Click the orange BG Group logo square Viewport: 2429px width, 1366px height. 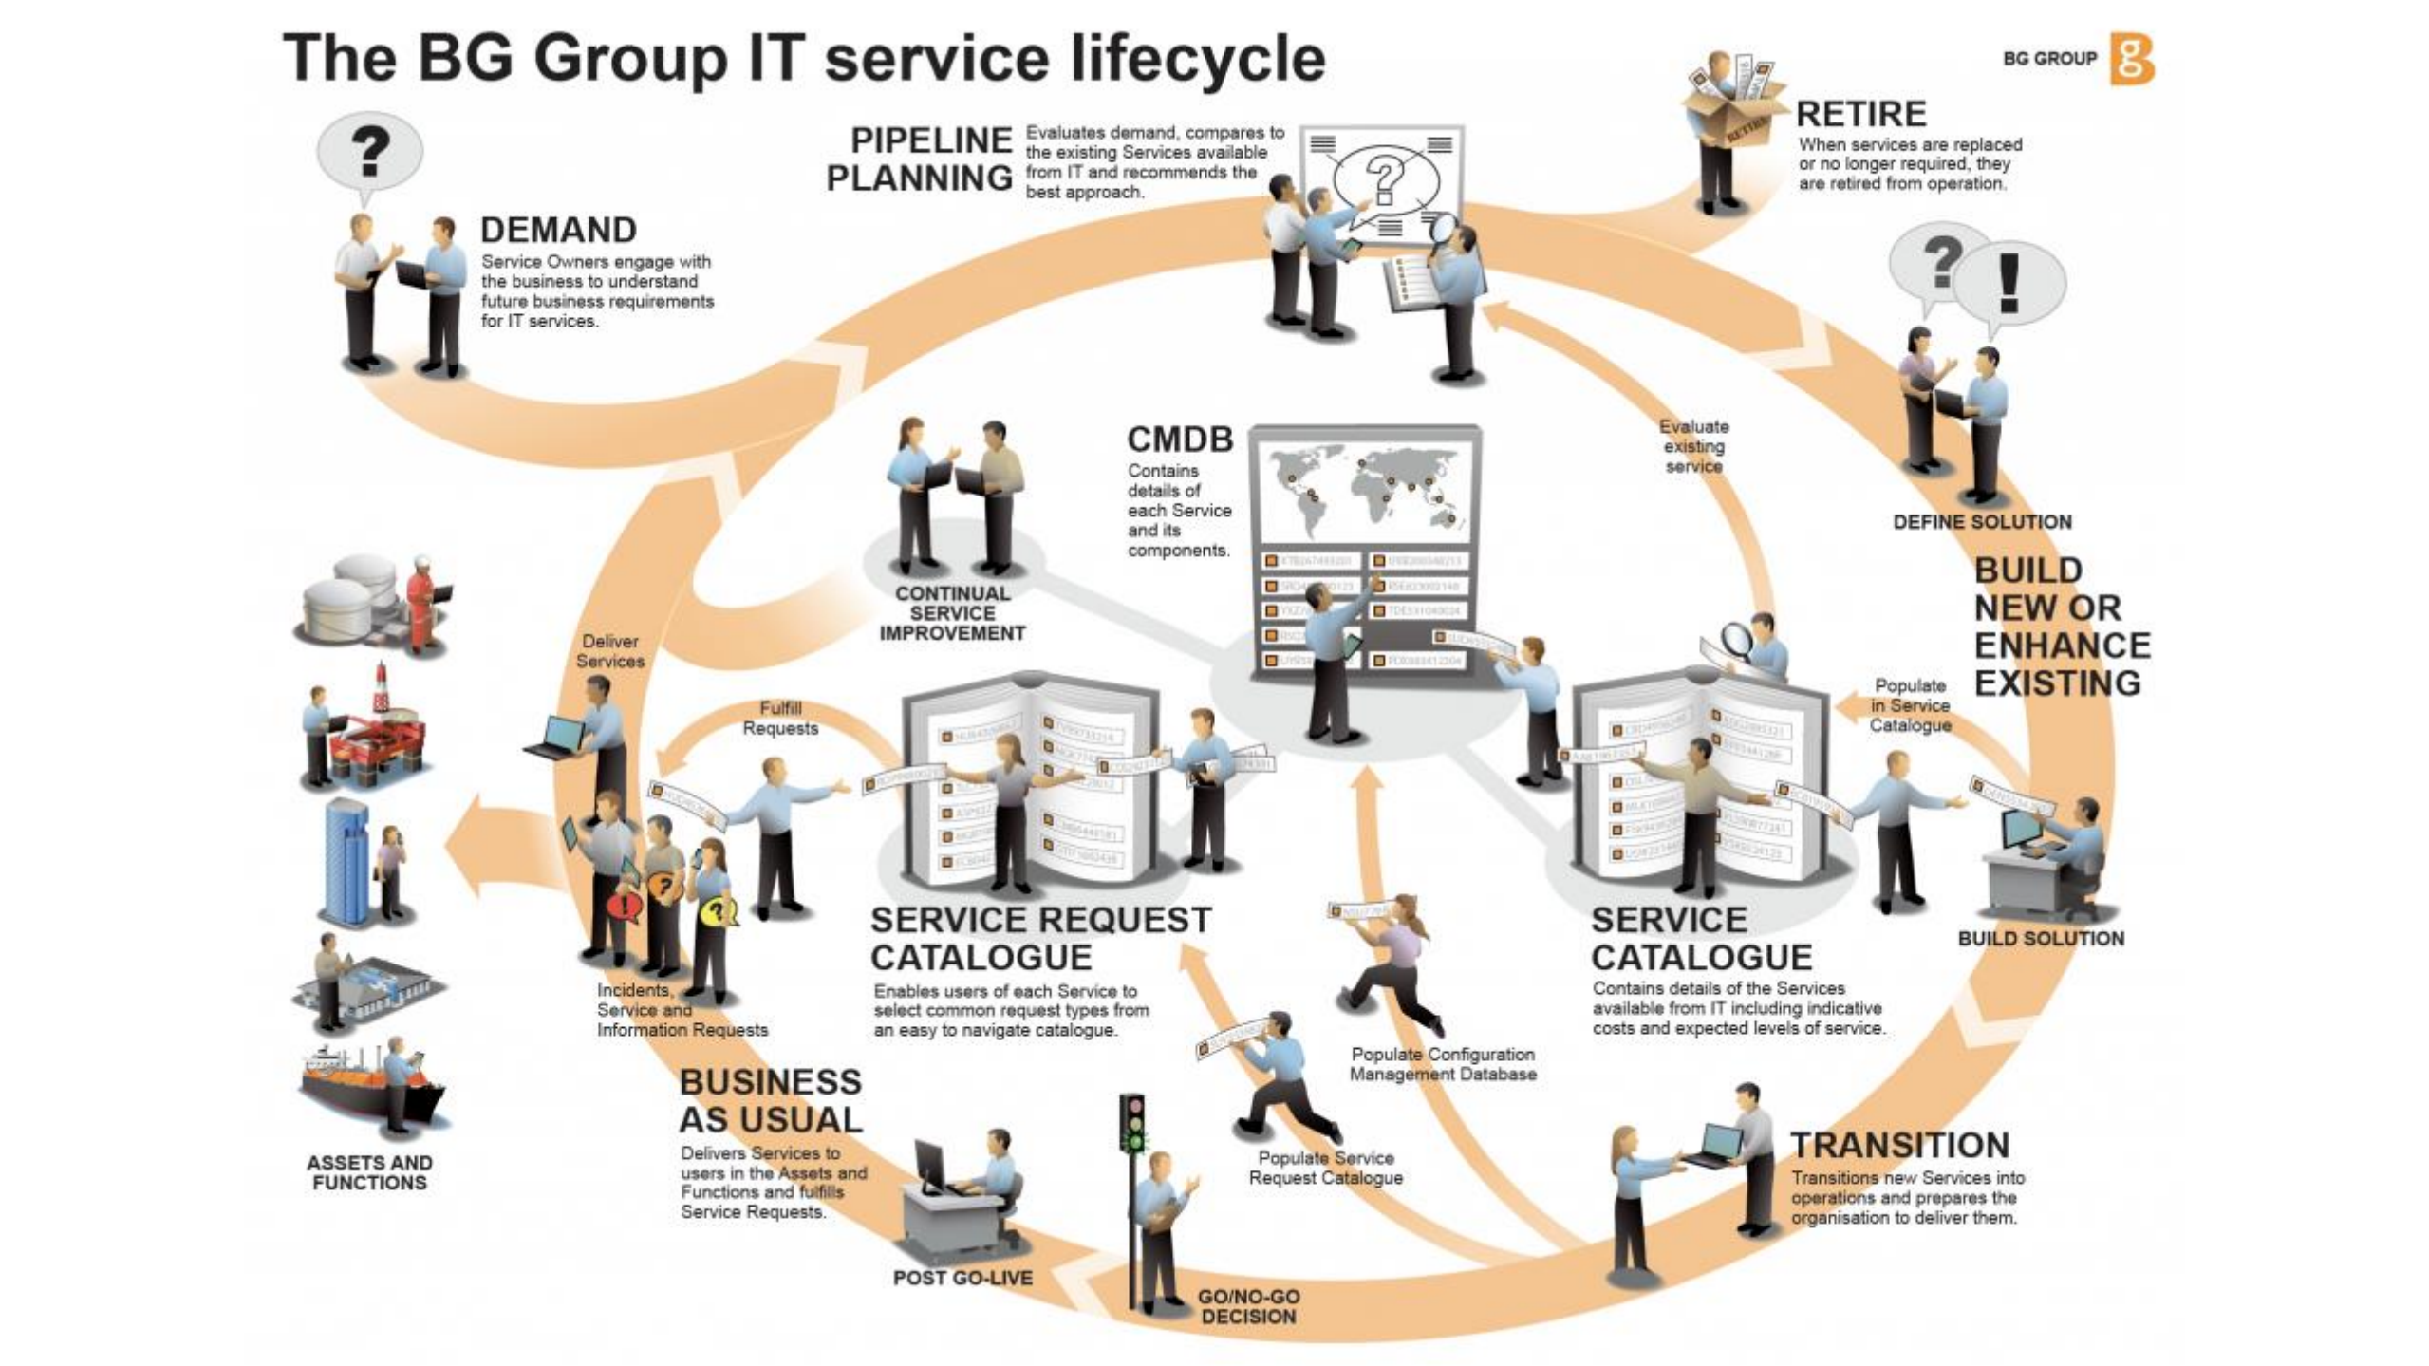coord(2131,59)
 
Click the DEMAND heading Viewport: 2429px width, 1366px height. coord(558,231)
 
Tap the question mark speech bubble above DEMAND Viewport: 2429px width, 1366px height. coord(370,152)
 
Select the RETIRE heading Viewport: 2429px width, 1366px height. coord(1860,114)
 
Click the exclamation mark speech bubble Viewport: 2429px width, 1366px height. coord(2009,282)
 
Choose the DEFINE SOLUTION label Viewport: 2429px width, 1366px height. coord(1982,522)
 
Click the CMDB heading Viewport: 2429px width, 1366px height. coord(1180,440)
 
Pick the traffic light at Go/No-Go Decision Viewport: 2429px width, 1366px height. coord(1131,1125)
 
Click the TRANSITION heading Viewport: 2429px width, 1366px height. coord(1899,1146)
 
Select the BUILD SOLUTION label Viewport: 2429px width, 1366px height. coord(2041,939)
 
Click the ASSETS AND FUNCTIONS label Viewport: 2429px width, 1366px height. coord(369,1172)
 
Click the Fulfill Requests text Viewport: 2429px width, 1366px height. coord(780,719)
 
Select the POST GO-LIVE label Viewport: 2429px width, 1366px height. coord(962,1278)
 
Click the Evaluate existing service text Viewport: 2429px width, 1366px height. coord(1694,446)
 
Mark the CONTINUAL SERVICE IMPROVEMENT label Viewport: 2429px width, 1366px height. coord(952,613)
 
